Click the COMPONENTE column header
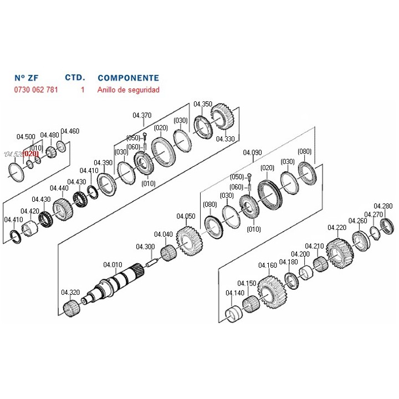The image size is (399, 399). (x=128, y=78)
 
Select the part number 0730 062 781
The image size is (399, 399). (x=36, y=90)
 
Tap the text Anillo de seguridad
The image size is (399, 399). (x=128, y=90)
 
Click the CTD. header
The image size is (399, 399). (x=75, y=78)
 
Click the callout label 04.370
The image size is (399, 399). (x=142, y=115)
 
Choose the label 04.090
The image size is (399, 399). (x=253, y=152)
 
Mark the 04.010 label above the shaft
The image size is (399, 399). (x=112, y=264)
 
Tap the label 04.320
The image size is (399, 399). (x=70, y=292)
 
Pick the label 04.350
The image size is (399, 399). (x=203, y=104)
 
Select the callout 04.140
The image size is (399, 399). (x=235, y=293)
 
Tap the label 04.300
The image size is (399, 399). (x=145, y=247)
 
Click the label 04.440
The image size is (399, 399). (x=59, y=188)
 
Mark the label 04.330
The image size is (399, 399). (x=226, y=139)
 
